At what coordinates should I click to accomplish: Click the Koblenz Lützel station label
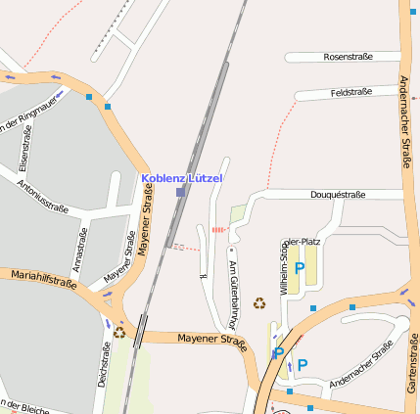(182, 178)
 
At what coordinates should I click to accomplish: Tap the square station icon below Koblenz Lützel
(180, 193)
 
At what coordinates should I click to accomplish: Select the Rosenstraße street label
(348, 57)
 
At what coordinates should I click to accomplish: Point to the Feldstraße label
(351, 92)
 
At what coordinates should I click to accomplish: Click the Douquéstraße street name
(338, 195)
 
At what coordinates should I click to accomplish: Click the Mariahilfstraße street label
(44, 280)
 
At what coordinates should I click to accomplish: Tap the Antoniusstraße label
(42, 194)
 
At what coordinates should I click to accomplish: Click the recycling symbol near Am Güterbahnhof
(259, 303)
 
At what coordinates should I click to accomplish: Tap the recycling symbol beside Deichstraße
(119, 332)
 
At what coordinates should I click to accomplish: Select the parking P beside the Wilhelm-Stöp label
(300, 266)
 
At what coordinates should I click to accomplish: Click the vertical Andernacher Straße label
(404, 122)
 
